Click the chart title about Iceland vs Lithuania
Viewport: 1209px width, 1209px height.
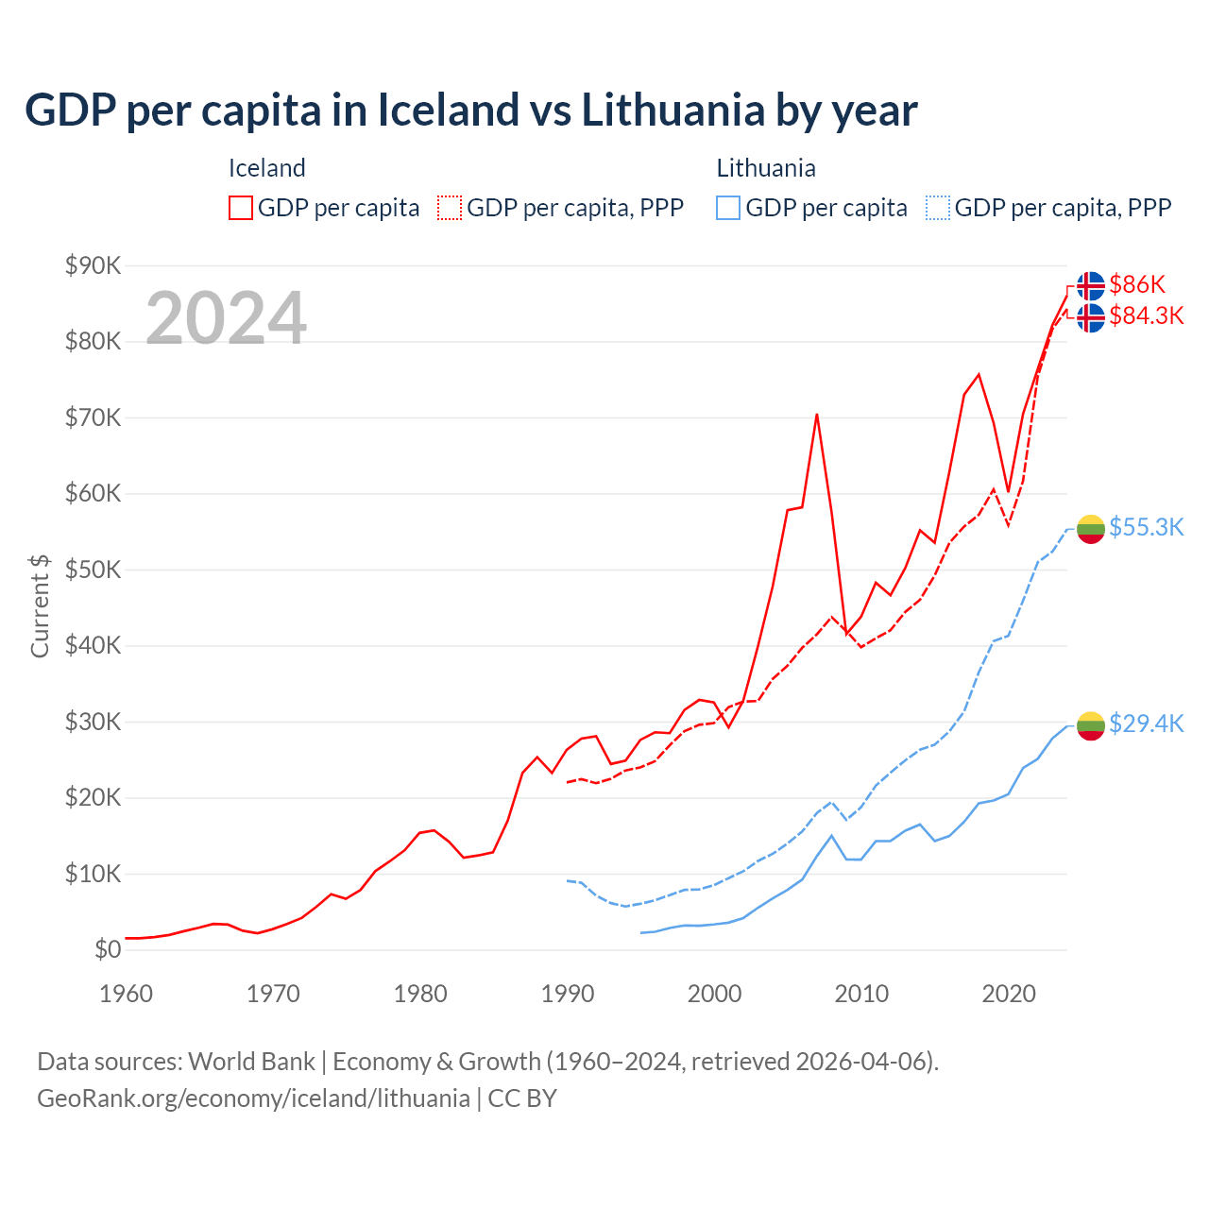pyautogui.click(x=470, y=110)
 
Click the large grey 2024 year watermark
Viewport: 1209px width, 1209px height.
pyautogui.click(x=226, y=318)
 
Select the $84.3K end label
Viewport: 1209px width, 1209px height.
pyautogui.click(x=1146, y=315)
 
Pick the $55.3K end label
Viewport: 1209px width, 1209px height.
pyautogui.click(x=1146, y=527)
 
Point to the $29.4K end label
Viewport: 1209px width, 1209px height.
pyautogui.click(x=1146, y=724)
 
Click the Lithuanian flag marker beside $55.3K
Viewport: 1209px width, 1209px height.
pyautogui.click(x=1091, y=529)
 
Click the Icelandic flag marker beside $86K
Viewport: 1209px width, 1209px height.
pyautogui.click(x=1091, y=285)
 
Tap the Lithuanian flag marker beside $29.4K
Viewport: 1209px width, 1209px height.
pyautogui.click(x=1091, y=725)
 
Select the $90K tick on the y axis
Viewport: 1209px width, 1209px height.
pyautogui.click(x=93, y=265)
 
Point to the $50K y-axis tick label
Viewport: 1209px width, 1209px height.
pyautogui.click(x=93, y=570)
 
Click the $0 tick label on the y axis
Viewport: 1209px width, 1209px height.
pyautogui.click(x=108, y=949)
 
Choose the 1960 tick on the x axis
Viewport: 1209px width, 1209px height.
pyautogui.click(x=126, y=994)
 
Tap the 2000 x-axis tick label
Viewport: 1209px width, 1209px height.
pyautogui.click(x=714, y=994)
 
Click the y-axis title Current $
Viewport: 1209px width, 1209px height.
pyautogui.click(x=40, y=605)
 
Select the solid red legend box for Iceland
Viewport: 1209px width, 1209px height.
pyautogui.click(x=241, y=208)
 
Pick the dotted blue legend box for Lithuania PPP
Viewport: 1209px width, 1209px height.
pyautogui.click(x=938, y=208)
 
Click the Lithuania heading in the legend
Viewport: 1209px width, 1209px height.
pyautogui.click(x=765, y=168)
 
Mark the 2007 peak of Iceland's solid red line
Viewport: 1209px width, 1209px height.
pyautogui.click(x=816, y=415)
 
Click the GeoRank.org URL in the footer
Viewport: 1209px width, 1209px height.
pyautogui.click(x=253, y=1098)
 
